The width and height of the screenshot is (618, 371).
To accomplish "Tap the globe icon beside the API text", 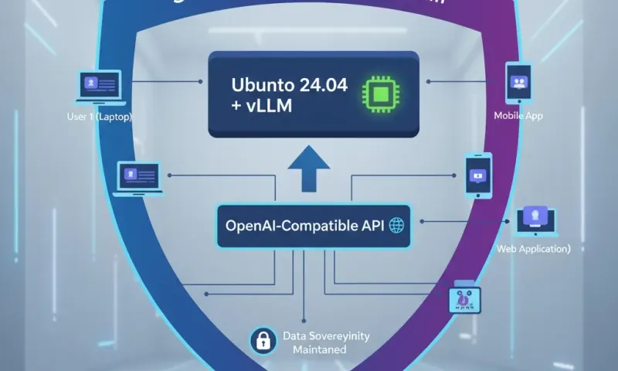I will click(397, 226).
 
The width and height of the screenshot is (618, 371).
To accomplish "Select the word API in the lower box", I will click(371, 226).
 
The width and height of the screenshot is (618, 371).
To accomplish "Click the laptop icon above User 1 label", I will click(98, 85).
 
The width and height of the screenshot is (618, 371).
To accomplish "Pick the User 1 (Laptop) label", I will click(100, 117).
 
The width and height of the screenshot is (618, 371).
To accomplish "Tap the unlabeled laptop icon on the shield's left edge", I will click(137, 176).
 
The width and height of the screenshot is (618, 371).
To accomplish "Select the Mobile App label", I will click(519, 115).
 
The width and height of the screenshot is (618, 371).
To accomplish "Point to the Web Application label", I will click(534, 249).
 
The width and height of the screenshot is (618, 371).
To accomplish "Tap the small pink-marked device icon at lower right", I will click(466, 299).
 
